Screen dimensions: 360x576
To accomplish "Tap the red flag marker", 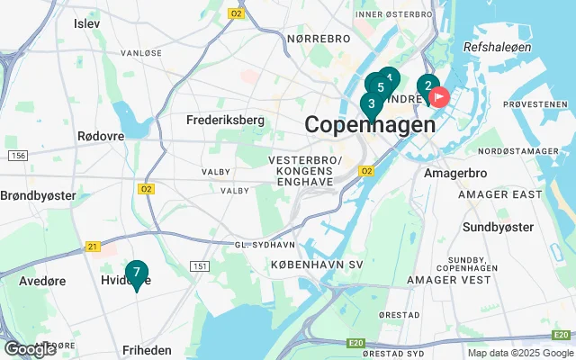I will [x=439, y=96].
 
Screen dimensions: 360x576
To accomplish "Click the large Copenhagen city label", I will [x=370, y=125].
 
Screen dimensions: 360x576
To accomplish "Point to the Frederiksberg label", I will [x=225, y=120].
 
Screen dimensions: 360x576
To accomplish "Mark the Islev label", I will [x=87, y=22].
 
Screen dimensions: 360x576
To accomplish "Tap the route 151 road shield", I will [x=200, y=266].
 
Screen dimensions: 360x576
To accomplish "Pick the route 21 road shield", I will [x=93, y=246].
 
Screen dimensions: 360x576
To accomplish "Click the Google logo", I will [x=30, y=349].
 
